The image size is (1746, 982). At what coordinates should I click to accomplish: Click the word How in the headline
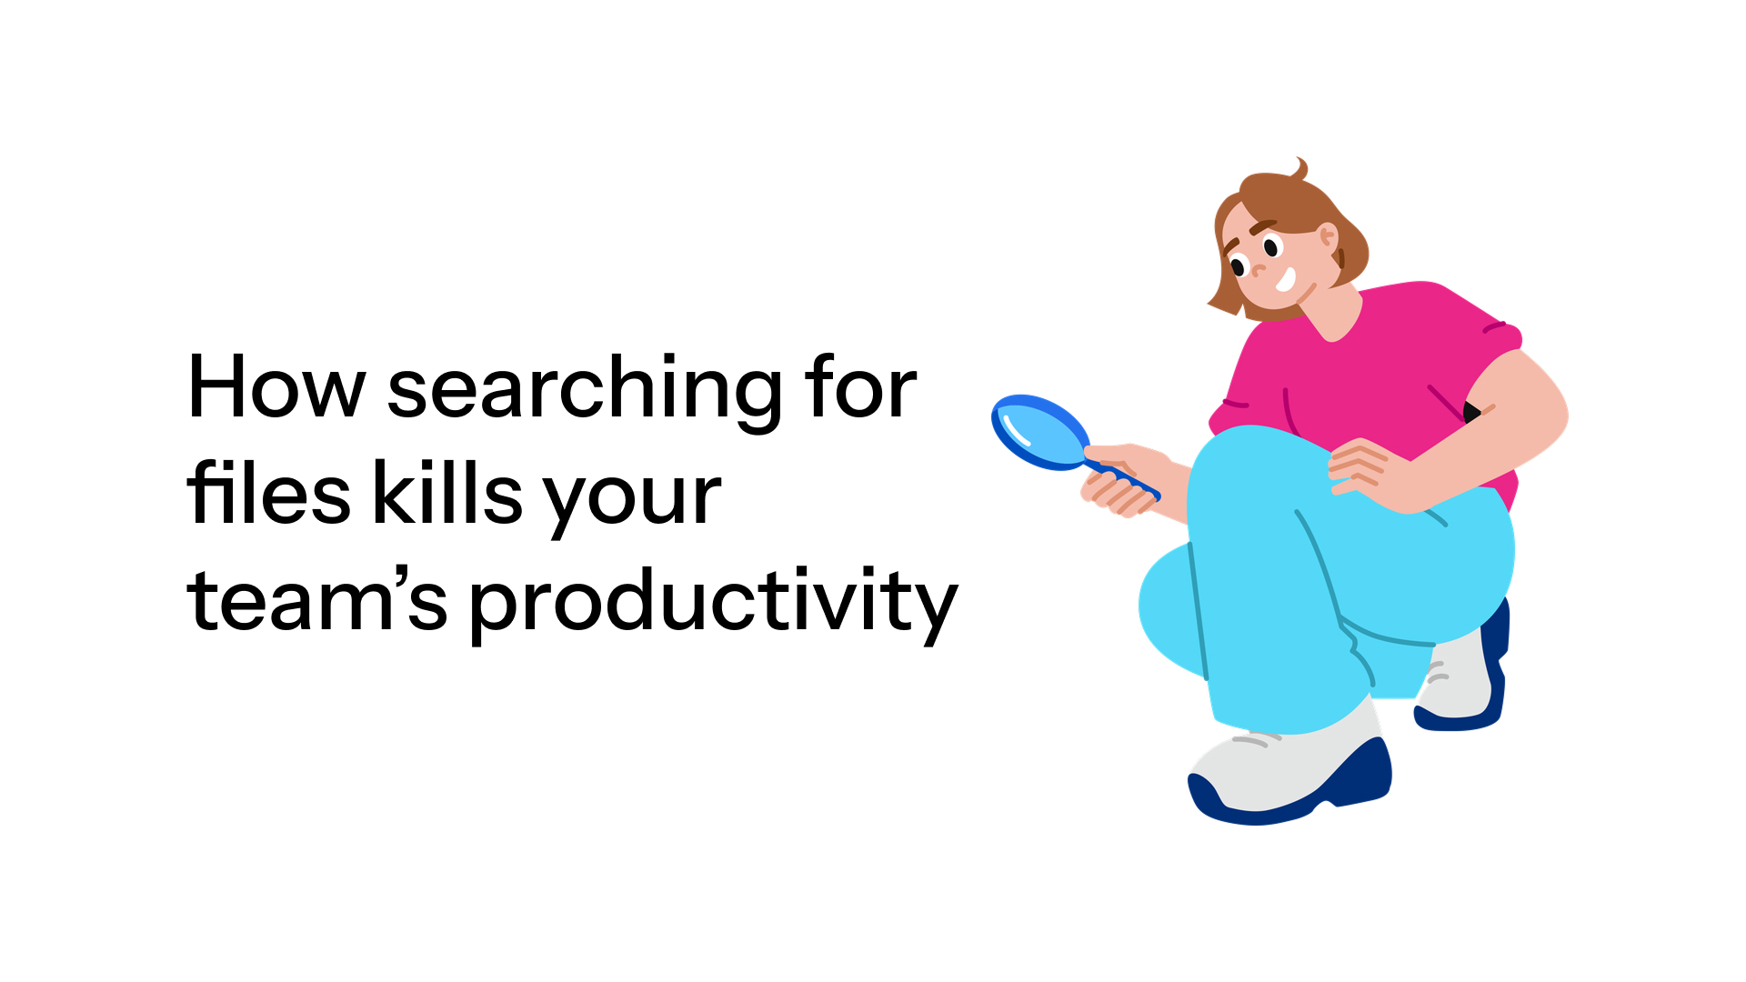pyautogui.click(x=276, y=388)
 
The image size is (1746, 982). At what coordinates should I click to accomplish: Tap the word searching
pyautogui.click(x=584, y=391)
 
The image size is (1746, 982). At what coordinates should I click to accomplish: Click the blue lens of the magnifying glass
pyautogui.click(x=1039, y=430)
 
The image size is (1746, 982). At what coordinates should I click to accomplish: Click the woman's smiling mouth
pyautogui.click(x=1286, y=279)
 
